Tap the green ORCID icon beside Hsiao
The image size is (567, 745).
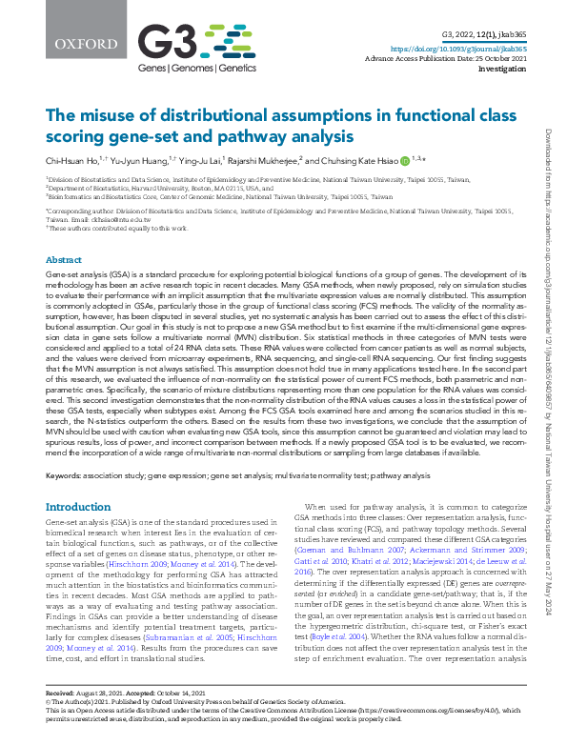coord(405,161)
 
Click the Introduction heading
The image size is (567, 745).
coord(78,507)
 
